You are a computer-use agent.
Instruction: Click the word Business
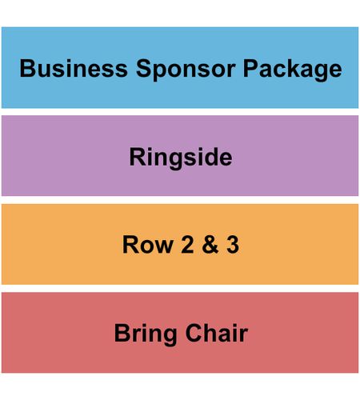click(x=74, y=68)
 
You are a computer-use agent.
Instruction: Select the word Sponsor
click(x=186, y=70)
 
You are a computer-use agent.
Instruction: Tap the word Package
click(x=292, y=70)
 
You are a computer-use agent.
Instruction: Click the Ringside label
click(x=181, y=158)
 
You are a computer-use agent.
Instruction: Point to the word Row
click(x=148, y=245)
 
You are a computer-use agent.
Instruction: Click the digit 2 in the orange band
click(x=187, y=245)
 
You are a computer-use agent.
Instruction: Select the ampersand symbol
click(x=210, y=245)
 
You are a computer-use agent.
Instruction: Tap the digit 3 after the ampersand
click(x=233, y=245)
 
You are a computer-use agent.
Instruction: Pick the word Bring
click(x=146, y=334)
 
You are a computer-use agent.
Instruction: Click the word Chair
click(x=217, y=333)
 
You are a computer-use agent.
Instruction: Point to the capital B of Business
click(x=27, y=69)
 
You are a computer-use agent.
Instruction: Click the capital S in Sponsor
click(x=144, y=69)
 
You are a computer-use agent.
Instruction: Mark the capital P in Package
click(x=250, y=69)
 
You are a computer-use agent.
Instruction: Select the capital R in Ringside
click(x=137, y=157)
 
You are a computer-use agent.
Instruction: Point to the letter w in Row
click(x=163, y=246)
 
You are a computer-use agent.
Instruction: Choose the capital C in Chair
click(x=194, y=333)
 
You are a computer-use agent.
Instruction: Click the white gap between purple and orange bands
click(x=180, y=200)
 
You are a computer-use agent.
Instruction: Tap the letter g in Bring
click(x=170, y=337)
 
